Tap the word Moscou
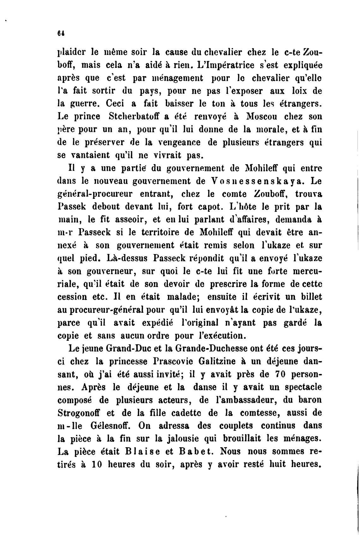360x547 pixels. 261,116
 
